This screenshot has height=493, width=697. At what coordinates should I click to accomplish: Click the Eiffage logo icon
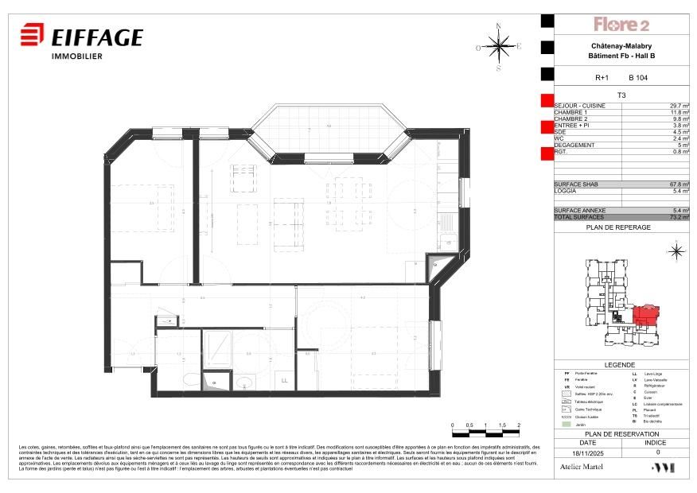point(31,37)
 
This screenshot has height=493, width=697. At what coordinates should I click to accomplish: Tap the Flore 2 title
point(621,25)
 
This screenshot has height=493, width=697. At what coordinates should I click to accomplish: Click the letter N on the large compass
point(499,25)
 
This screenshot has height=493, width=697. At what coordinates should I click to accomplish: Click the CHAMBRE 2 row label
point(572,119)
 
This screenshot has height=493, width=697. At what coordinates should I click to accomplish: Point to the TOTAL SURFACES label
point(579,217)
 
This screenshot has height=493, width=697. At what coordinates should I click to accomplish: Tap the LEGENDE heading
point(620,364)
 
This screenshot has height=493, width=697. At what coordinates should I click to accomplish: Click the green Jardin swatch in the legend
point(566,425)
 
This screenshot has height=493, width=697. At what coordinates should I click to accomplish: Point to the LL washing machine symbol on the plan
point(284,381)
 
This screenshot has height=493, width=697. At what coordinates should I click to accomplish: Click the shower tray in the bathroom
point(216,347)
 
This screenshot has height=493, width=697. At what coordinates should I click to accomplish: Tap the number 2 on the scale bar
point(519,426)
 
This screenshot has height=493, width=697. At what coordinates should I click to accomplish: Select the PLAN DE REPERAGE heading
point(618,227)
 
